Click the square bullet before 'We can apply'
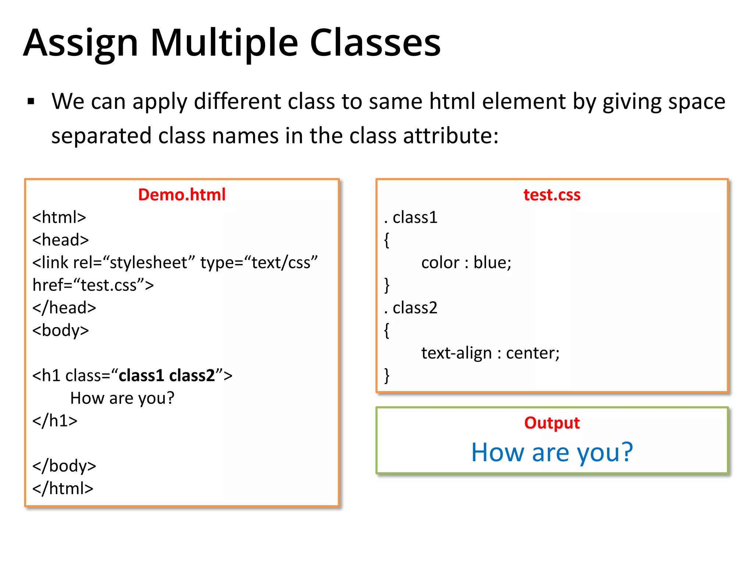(31, 102)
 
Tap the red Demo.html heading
(182, 195)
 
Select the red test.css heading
(552, 195)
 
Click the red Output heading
(552, 423)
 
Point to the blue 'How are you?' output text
(552, 452)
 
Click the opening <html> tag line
(59, 217)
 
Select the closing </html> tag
(63, 488)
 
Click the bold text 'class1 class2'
(167, 376)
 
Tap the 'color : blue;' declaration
(466, 263)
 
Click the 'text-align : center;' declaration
(490, 353)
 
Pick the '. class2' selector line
(411, 308)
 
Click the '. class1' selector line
(411, 217)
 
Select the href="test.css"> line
(93, 285)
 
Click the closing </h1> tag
(55, 420)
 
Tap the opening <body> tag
(61, 330)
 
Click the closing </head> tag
(64, 308)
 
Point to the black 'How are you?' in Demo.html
(122, 398)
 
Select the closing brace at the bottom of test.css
(387, 376)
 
